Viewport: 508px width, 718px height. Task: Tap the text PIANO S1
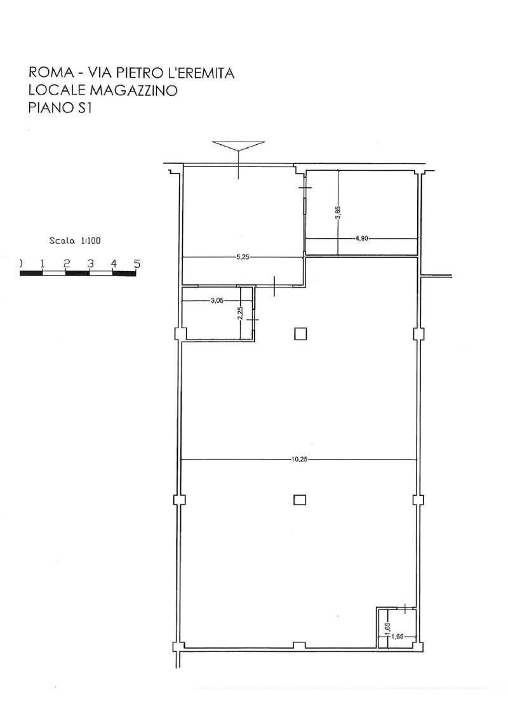click(60, 108)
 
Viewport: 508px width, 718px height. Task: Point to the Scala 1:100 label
click(75, 241)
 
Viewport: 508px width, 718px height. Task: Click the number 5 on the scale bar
click(137, 263)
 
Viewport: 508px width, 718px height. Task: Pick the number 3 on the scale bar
click(90, 263)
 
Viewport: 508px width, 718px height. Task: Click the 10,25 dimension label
click(299, 460)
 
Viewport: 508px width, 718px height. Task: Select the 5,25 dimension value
click(243, 257)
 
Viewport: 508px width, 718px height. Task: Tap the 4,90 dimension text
click(362, 238)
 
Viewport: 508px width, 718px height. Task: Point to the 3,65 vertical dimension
click(338, 213)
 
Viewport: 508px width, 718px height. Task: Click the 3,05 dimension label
click(217, 301)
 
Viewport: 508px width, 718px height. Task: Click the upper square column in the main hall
click(300, 334)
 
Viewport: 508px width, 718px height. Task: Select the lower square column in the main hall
click(300, 499)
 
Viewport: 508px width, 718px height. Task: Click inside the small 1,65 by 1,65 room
click(397, 627)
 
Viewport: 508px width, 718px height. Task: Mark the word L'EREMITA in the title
click(201, 73)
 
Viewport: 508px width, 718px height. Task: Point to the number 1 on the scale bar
click(43, 263)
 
